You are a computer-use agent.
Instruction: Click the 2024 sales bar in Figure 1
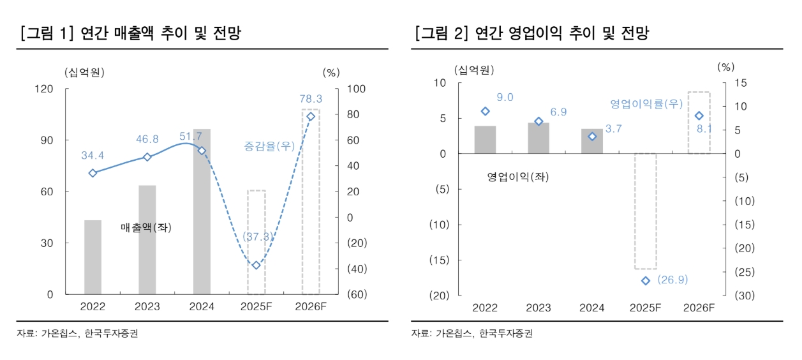(202, 211)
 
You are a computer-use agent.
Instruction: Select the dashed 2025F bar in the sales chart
(256, 242)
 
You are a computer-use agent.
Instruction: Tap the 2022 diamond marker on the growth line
(93, 173)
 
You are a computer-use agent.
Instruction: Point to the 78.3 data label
(311, 99)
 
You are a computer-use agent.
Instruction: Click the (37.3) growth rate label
(256, 237)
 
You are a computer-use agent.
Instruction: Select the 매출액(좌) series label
(146, 227)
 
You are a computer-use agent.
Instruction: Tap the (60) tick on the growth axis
(357, 295)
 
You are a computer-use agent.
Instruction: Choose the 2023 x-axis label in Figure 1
(147, 307)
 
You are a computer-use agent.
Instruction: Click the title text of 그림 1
(131, 33)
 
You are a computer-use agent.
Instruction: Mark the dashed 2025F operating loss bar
(645, 211)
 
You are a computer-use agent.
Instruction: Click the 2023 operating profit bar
(538, 138)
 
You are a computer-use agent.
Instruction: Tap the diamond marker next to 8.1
(699, 116)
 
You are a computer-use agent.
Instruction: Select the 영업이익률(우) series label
(646, 103)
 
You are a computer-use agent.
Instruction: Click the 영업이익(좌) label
(517, 177)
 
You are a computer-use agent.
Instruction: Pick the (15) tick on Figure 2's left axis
(439, 260)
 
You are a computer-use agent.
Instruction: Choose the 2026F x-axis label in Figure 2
(699, 308)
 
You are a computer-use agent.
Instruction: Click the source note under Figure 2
(472, 333)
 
